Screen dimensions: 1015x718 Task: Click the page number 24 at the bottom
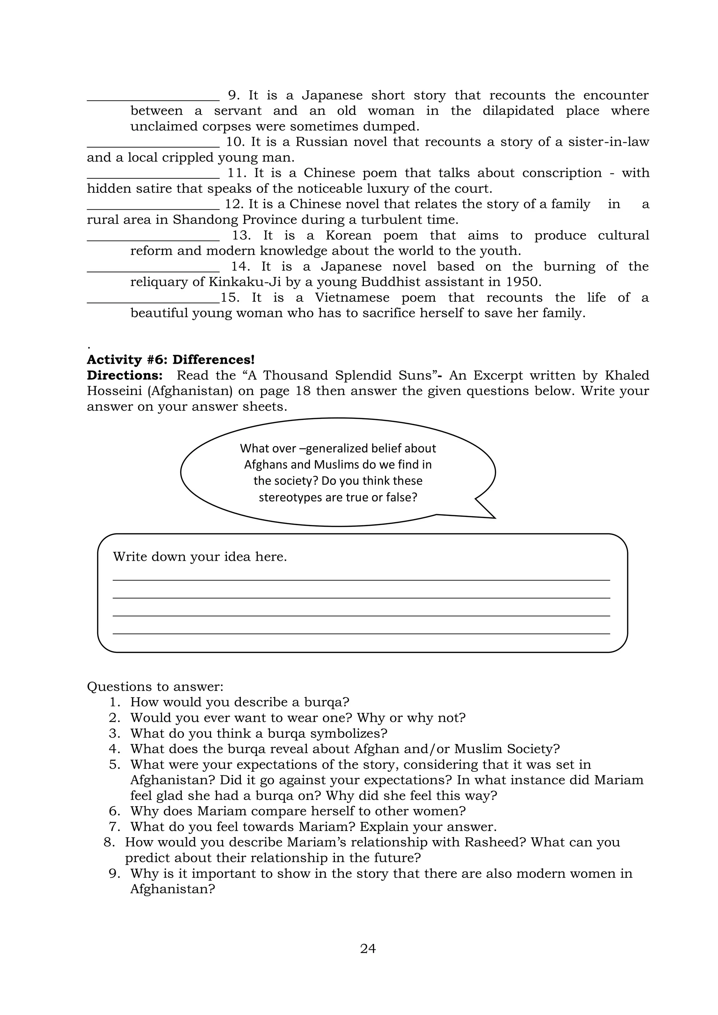pyautogui.click(x=367, y=948)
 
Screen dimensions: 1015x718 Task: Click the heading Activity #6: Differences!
pyautogui.click(x=171, y=359)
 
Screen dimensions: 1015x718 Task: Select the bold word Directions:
pyautogui.click(x=125, y=375)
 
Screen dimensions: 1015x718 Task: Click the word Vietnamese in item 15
pyautogui.click(x=352, y=298)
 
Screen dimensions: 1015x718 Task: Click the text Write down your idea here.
pyautogui.click(x=200, y=557)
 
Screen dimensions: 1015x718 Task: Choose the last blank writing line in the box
pyautogui.click(x=361, y=633)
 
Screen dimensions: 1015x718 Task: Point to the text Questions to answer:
pyautogui.click(x=155, y=687)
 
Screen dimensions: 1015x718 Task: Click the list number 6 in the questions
pyautogui.click(x=114, y=811)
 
